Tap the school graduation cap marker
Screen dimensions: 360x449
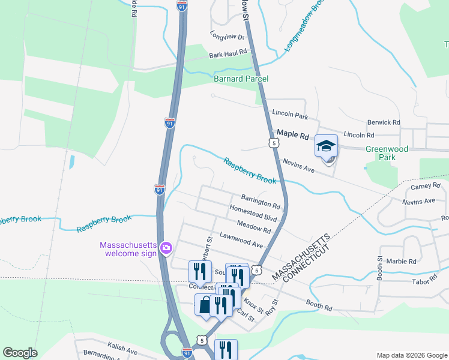[326, 146]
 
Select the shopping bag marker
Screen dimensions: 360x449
[205, 304]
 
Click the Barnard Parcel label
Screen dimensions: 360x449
[241, 79]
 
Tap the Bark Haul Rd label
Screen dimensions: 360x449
[228, 54]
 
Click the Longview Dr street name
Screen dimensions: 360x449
[228, 37]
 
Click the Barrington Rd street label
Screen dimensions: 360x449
[261, 201]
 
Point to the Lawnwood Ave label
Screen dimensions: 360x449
[241, 240]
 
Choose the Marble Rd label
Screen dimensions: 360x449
[401, 262]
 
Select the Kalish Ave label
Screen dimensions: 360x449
[123, 348]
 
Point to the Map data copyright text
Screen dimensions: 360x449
[411, 355]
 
